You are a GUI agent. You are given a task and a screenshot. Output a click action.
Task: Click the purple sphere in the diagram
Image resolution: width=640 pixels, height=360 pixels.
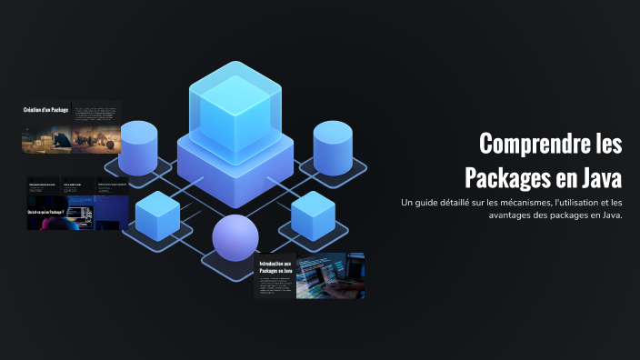tap(236, 238)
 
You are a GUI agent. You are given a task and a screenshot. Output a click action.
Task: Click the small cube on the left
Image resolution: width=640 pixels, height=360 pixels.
tap(157, 215)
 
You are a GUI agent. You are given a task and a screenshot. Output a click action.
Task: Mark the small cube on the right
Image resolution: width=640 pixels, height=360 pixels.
tap(314, 215)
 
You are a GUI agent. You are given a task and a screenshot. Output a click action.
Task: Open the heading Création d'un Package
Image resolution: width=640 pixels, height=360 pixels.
tap(45, 110)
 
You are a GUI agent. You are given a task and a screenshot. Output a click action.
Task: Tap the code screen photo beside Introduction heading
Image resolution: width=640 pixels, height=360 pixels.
tap(330, 275)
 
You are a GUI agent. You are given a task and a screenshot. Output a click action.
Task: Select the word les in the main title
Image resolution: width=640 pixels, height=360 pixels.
tap(603, 144)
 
